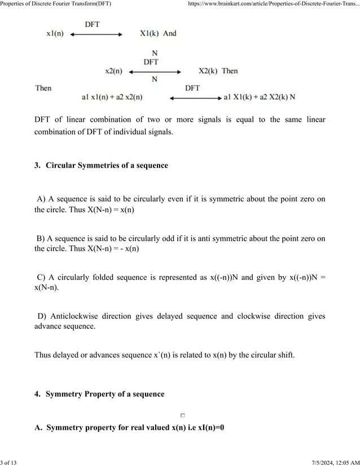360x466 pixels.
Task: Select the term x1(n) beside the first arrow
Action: [x=55, y=34]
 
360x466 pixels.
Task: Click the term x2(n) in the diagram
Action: [x=114, y=71]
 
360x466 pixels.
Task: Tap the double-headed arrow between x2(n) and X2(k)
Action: [x=155, y=72]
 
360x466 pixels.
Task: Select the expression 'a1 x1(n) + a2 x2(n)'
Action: [x=112, y=98]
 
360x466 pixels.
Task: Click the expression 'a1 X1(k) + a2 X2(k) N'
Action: [x=260, y=98]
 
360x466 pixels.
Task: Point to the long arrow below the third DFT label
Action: [x=195, y=98]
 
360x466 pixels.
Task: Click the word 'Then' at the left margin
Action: [x=43, y=88]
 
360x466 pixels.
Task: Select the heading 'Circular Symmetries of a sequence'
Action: [x=107, y=165]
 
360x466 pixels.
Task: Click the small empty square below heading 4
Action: [x=183, y=415]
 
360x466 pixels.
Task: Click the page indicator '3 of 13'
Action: [x=9, y=462]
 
